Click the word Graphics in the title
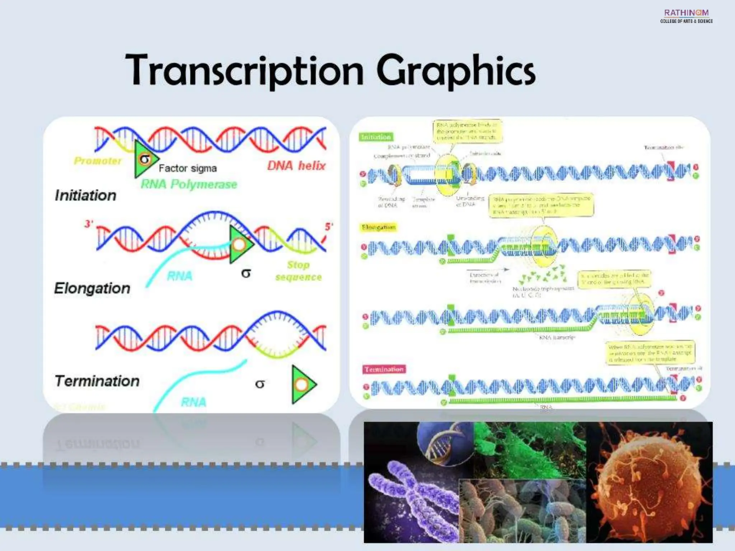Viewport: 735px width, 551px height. tap(456, 70)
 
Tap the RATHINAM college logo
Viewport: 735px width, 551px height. tap(686, 16)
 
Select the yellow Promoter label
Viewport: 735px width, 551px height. tap(98, 161)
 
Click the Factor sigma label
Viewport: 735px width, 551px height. tap(188, 168)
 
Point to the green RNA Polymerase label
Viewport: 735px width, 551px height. tap(189, 184)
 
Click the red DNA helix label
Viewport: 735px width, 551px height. tap(296, 166)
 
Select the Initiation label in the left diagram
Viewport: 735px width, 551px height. tap(85, 196)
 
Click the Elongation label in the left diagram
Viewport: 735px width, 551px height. tap(92, 288)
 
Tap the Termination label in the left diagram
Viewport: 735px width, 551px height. tap(97, 381)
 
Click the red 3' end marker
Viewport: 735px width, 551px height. tap(88, 224)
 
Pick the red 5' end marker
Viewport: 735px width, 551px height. tap(328, 227)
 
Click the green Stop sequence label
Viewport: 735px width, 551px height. tap(299, 271)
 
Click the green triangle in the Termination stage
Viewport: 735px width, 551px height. tap(303, 385)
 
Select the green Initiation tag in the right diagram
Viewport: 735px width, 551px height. tap(376, 137)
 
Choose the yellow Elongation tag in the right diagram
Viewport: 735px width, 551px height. tap(378, 227)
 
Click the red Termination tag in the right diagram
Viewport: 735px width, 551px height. tap(384, 369)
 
